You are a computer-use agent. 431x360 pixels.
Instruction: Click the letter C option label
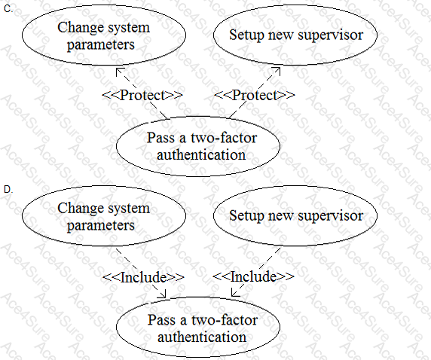(x=8, y=9)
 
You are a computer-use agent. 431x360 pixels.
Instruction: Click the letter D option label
(x=8, y=189)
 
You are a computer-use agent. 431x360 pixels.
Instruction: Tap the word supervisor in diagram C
(x=330, y=35)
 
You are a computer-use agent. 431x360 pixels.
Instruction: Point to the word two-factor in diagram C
(x=224, y=137)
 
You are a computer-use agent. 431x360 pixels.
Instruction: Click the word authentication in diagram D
(x=202, y=337)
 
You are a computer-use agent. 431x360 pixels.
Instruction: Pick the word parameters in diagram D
(x=101, y=226)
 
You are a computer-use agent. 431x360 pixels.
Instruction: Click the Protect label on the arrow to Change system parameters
(x=142, y=95)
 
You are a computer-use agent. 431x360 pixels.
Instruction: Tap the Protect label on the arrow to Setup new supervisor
(x=254, y=95)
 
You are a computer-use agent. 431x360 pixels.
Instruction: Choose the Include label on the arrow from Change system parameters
(x=143, y=277)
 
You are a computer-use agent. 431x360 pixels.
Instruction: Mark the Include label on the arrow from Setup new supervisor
(x=253, y=276)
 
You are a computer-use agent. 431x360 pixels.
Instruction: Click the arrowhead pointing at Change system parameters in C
(x=119, y=71)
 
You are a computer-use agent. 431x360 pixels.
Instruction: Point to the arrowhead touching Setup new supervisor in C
(x=277, y=70)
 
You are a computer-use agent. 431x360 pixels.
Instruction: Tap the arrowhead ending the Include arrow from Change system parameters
(x=163, y=294)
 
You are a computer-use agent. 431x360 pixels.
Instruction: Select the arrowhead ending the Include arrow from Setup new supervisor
(x=234, y=294)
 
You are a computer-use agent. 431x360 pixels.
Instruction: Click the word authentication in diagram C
(x=201, y=154)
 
